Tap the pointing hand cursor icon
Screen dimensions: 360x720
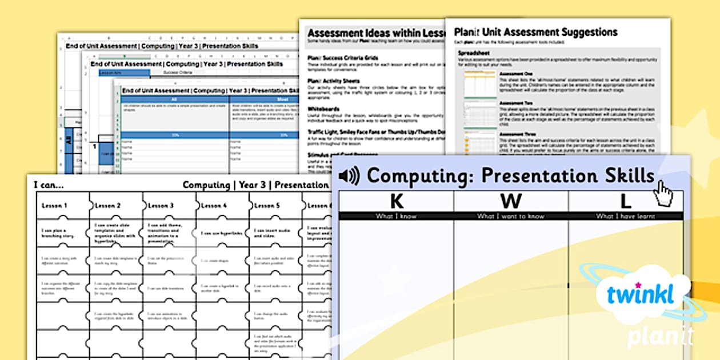coord(664,193)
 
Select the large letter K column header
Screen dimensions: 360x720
coord(397,201)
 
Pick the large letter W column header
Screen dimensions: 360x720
coord(511,201)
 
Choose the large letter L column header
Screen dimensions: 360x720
coord(626,201)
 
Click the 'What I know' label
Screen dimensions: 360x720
coord(397,217)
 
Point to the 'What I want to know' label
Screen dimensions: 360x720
coord(511,217)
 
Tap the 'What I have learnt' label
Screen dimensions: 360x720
coord(626,217)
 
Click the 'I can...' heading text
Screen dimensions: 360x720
coord(49,185)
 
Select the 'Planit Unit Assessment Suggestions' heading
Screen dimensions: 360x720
coord(535,32)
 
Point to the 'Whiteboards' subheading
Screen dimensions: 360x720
coord(323,109)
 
